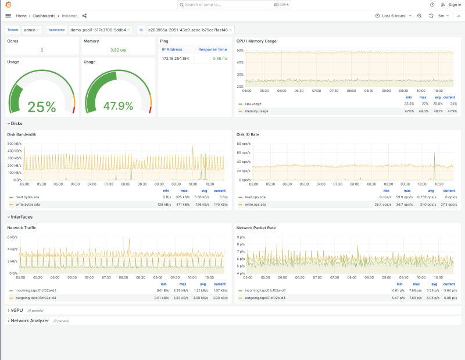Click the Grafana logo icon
click(x=8, y=5)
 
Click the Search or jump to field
click(x=233, y=5)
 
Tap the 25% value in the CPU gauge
click(x=42, y=107)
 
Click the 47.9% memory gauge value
click(x=118, y=106)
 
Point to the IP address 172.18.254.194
click(x=176, y=58)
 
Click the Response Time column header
click(x=212, y=49)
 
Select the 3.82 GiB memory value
click(x=118, y=50)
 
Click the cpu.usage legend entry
click(x=253, y=104)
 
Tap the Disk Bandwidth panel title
click(x=22, y=134)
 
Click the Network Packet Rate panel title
click(x=257, y=227)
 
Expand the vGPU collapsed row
click(x=16, y=311)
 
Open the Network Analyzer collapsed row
click(x=29, y=320)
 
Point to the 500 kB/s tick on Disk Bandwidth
click(x=14, y=143)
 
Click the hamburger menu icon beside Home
click(x=8, y=16)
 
